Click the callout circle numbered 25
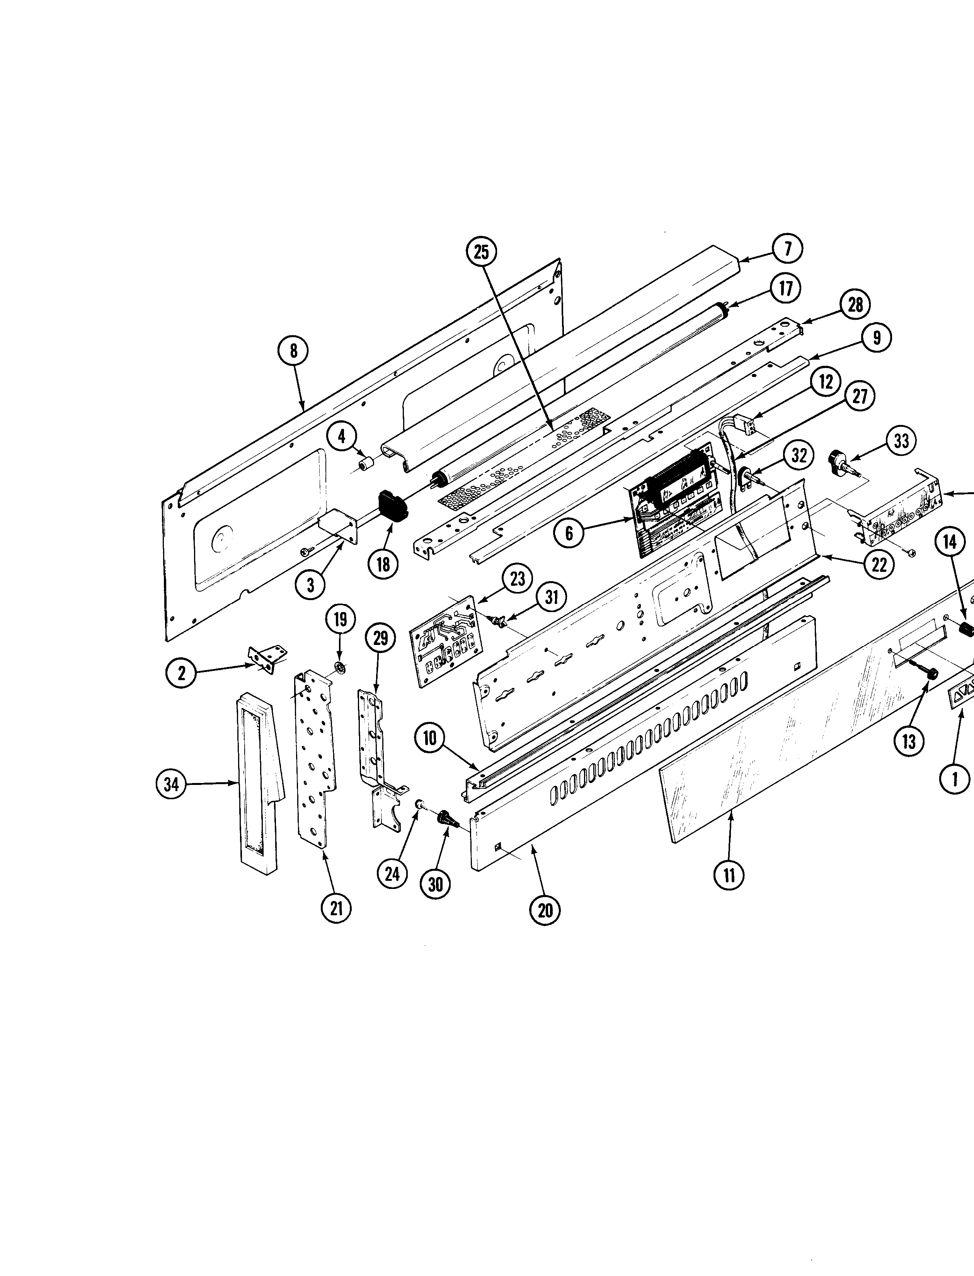point(482,252)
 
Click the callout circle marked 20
point(545,910)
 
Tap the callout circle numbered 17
point(785,288)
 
